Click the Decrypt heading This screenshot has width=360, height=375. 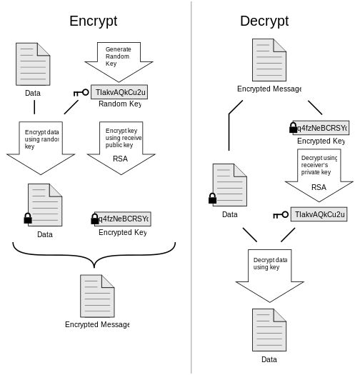pyautogui.click(x=264, y=21)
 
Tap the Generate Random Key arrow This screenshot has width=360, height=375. pyautogui.click(x=119, y=60)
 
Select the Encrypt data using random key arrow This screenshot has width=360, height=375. pyautogui.click(x=41, y=146)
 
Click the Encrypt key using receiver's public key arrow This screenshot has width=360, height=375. pyautogui.click(x=120, y=146)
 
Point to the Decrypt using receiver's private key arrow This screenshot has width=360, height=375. pyautogui.click(x=318, y=174)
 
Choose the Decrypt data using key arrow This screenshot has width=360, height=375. pyautogui.click(x=269, y=274)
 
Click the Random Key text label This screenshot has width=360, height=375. pyautogui.click(x=119, y=104)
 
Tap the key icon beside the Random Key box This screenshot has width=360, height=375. pyautogui.click(x=81, y=92)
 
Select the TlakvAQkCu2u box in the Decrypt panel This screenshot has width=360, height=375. pyautogui.click(x=319, y=214)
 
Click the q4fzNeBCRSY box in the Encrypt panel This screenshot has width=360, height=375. pyautogui.click(x=123, y=219)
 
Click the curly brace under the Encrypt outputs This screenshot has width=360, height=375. pyautogui.click(x=94, y=251)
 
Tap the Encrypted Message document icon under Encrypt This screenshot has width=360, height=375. pyautogui.click(x=97, y=296)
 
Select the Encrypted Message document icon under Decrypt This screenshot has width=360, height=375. pyautogui.click(x=269, y=60)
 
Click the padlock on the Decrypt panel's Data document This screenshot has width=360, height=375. pyautogui.click(x=212, y=199)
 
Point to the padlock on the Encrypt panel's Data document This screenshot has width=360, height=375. pyautogui.click(x=28, y=219)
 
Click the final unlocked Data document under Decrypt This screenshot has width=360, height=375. pyautogui.click(x=269, y=330)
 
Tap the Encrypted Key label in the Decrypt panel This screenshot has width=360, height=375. pyautogui.click(x=321, y=141)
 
